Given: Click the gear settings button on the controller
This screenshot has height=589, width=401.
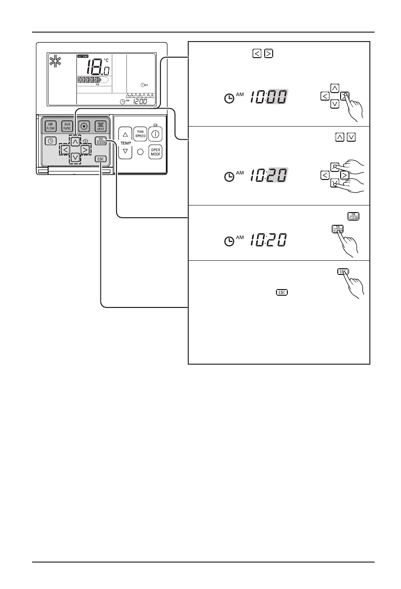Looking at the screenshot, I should click(x=84, y=126).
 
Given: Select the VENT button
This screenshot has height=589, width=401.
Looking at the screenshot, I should click(x=100, y=126).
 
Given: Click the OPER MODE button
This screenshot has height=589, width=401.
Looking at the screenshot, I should click(x=155, y=152).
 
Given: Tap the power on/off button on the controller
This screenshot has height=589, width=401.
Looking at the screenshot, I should click(x=155, y=134).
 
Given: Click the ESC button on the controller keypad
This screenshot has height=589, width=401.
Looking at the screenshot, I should click(x=100, y=159).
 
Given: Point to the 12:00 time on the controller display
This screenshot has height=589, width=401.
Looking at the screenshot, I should click(x=140, y=102).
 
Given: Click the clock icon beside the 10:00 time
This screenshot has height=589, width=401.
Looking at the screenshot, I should click(x=229, y=99).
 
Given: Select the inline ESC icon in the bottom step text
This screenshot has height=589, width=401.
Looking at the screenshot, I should click(x=282, y=293).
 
